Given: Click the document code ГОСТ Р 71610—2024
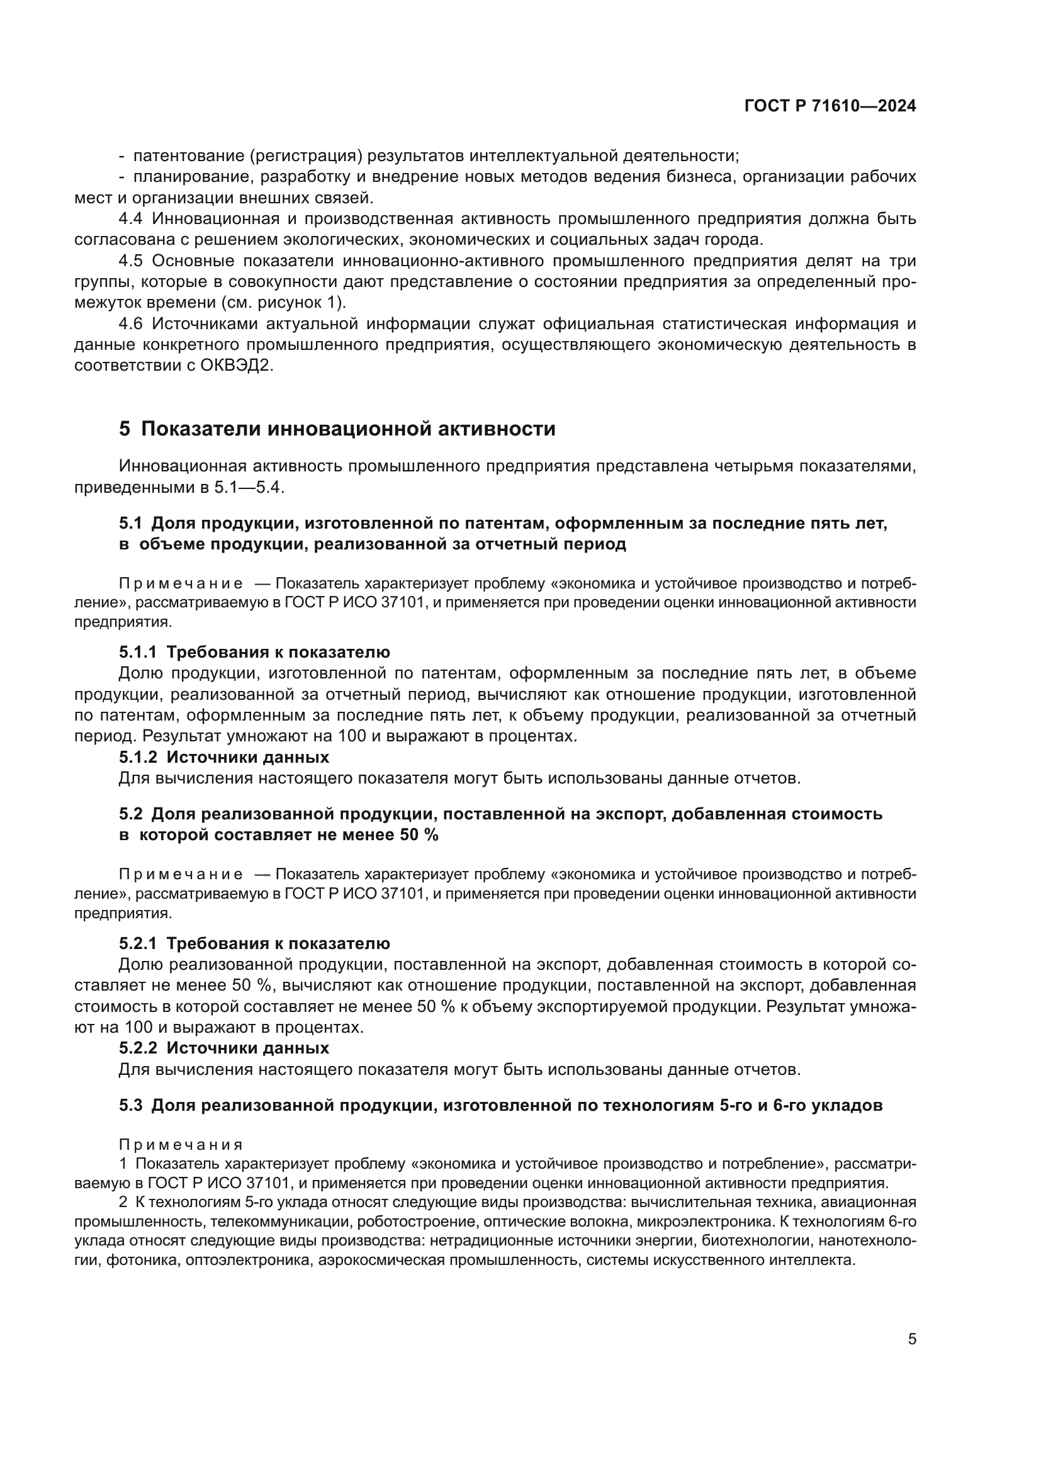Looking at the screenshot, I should pos(830,106).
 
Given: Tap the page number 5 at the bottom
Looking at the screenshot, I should pos(912,1321).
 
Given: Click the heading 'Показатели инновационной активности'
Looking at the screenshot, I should pos(348,429).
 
